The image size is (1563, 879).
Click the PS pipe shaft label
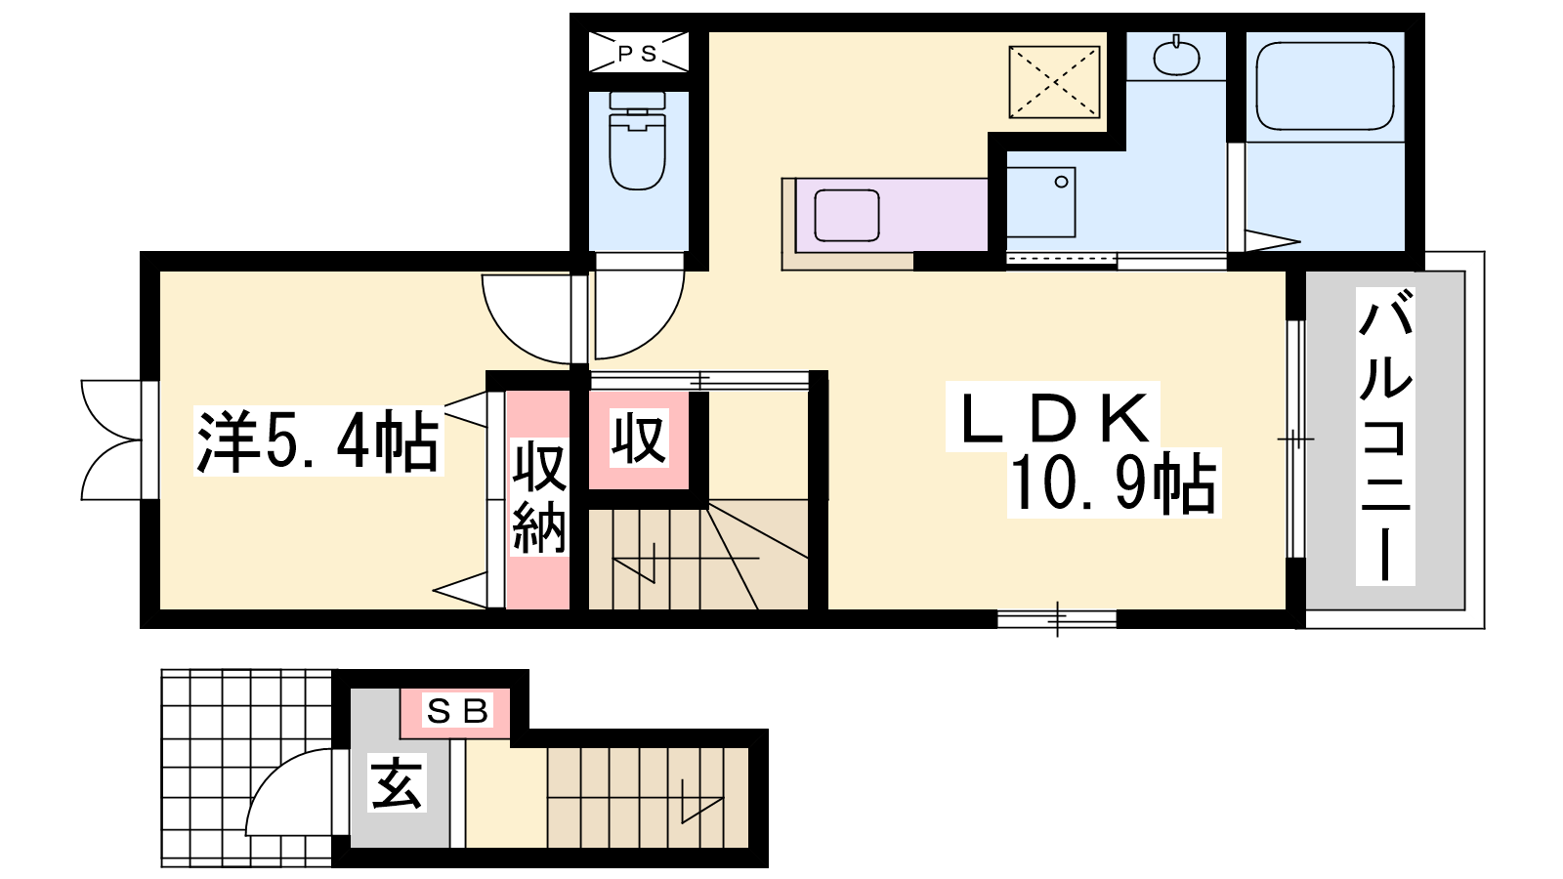point(637,53)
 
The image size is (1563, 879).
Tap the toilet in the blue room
point(637,141)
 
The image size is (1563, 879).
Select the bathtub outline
point(1325,86)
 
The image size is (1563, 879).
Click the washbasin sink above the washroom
point(1176,57)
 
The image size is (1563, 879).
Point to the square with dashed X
point(1054,82)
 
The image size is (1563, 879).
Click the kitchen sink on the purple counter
point(846,215)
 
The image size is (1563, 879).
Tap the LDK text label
point(1054,418)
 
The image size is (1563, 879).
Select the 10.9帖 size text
point(1114,483)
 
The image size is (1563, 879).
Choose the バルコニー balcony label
point(1385,437)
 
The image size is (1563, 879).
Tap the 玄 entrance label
point(396,784)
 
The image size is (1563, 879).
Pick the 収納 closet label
point(538,496)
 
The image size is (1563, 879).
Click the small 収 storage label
point(639,439)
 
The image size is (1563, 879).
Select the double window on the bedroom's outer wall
point(111,440)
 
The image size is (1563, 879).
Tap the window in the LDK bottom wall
point(1057,619)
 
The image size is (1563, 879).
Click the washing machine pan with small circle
point(1040,202)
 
